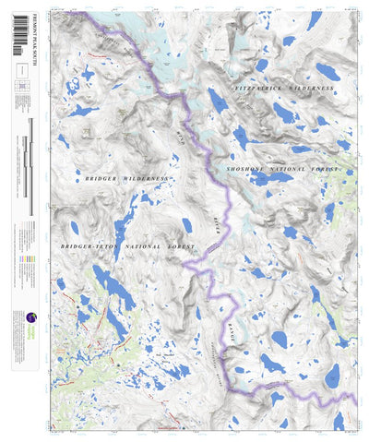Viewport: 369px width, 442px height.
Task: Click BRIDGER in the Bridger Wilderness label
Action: pyautogui.click(x=101, y=176)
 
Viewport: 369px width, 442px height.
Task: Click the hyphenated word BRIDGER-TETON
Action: pyautogui.click(x=88, y=247)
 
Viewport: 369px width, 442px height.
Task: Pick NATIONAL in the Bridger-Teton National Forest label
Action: pyautogui.click(x=141, y=247)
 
